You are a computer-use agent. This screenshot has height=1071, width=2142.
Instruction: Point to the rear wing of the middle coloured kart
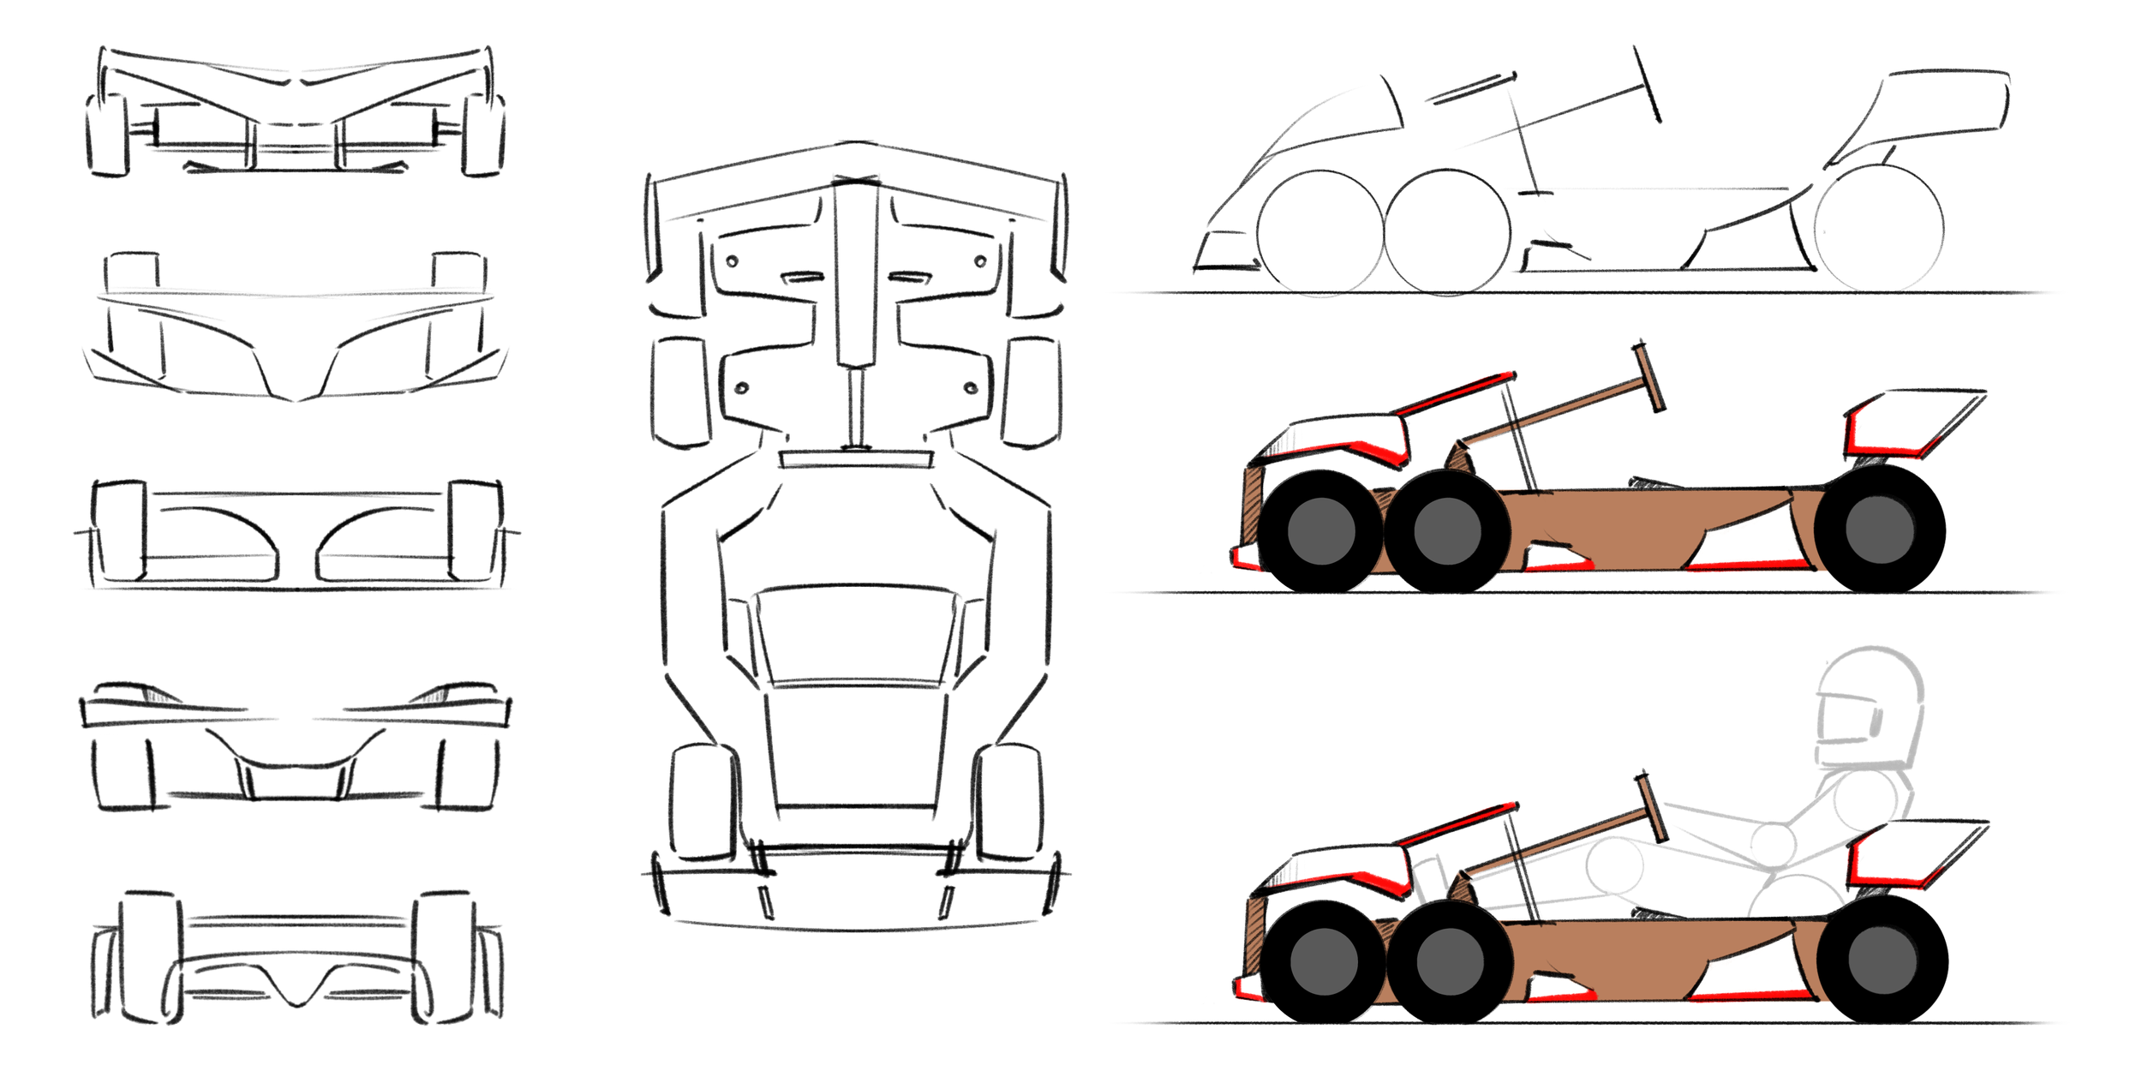tap(1919, 420)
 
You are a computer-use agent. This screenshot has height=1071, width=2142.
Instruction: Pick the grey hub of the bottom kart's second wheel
tap(1450, 961)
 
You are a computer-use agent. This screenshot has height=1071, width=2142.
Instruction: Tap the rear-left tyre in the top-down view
tap(703, 801)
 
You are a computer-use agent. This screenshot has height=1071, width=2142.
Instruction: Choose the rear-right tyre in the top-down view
tap(1011, 801)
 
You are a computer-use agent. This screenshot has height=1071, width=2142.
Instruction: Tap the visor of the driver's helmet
tap(1842, 720)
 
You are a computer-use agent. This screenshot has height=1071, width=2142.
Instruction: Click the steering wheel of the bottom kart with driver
tap(1653, 808)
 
